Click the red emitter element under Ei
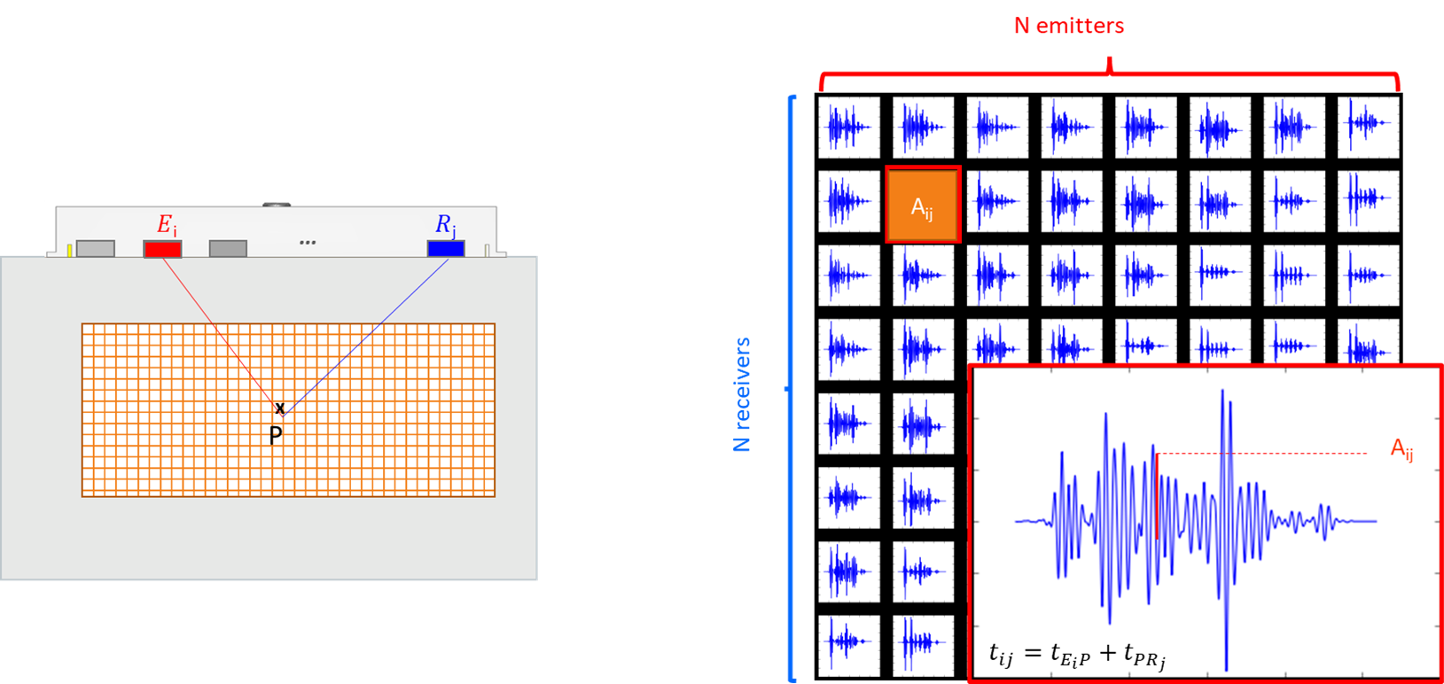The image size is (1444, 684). click(x=162, y=249)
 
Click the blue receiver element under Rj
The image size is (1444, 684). click(x=446, y=249)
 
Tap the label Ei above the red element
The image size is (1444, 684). click(x=167, y=225)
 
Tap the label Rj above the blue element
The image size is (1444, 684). click(x=445, y=225)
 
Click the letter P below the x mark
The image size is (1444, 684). click(x=276, y=435)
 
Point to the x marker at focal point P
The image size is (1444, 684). click(x=280, y=408)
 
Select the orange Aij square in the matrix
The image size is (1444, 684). click(x=923, y=205)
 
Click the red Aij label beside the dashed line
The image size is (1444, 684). click(x=1401, y=449)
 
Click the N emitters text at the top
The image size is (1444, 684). click(x=1069, y=26)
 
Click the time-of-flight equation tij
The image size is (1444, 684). click(x=1077, y=655)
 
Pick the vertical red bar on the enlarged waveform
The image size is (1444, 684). click(x=1157, y=496)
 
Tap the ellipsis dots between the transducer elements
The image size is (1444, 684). click(x=308, y=242)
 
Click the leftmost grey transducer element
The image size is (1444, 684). click(x=96, y=249)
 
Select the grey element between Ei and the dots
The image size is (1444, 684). click(x=228, y=249)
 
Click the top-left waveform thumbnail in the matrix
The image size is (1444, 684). click(x=849, y=128)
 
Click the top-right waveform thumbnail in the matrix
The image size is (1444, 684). click(x=1368, y=128)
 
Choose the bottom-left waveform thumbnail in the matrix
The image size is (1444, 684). click(x=849, y=645)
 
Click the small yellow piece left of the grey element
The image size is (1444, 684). click(x=70, y=251)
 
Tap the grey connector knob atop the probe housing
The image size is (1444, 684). click(x=277, y=205)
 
